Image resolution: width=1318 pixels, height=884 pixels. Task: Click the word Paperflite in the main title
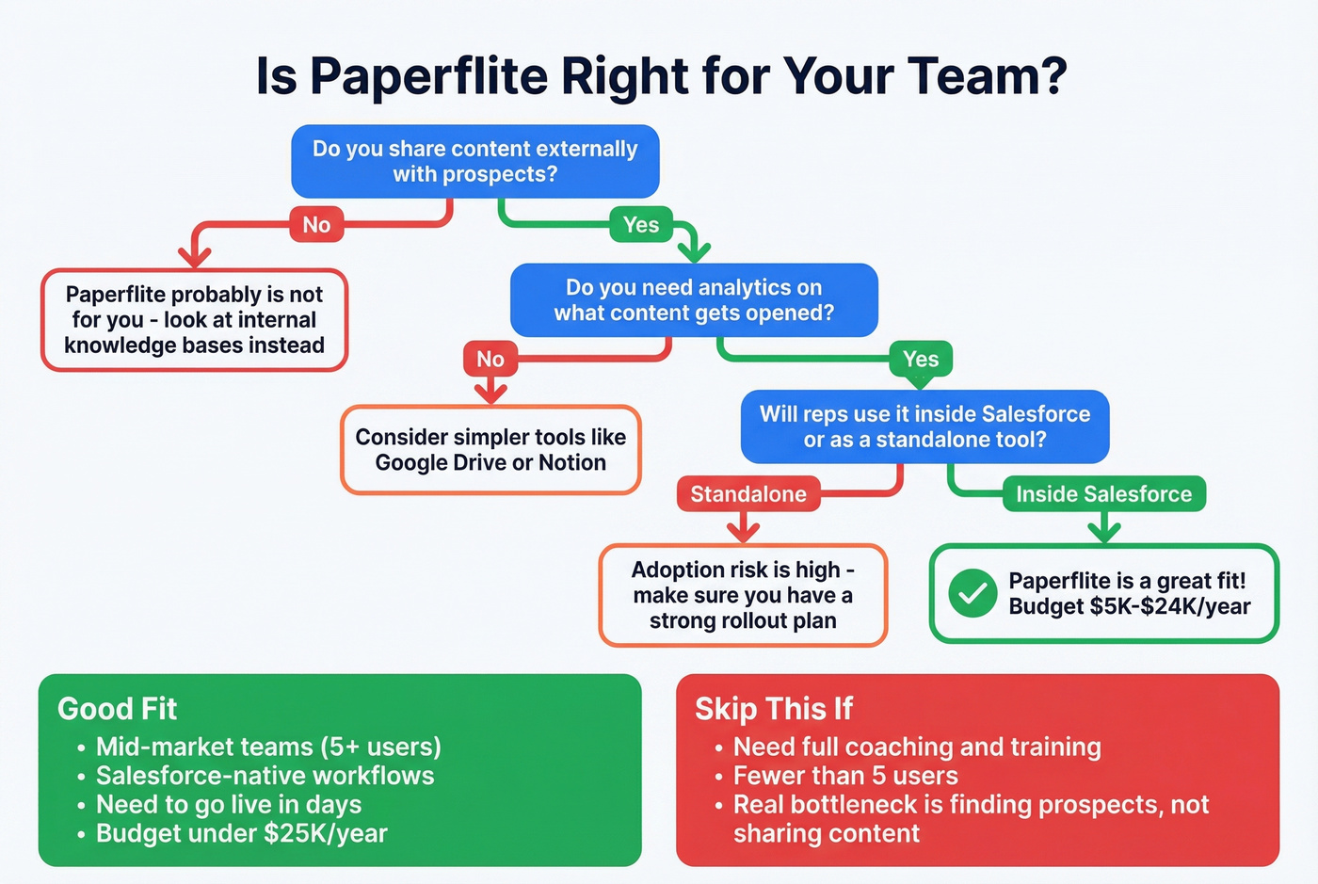coord(428,75)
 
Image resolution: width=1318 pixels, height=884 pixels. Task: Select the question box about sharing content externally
coord(475,161)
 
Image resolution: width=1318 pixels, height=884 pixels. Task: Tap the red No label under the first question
coord(316,225)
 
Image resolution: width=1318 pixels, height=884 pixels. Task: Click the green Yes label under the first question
coord(641,225)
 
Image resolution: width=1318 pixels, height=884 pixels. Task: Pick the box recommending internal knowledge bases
coord(194,320)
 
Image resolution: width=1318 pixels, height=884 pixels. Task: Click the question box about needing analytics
coord(694,300)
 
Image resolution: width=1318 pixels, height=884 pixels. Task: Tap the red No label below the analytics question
coord(490,359)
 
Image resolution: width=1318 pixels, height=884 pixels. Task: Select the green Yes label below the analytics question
coord(921,359)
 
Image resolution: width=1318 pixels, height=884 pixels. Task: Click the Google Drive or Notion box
coord(490,450)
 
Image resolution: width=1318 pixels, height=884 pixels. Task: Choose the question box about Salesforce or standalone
coord(924,426)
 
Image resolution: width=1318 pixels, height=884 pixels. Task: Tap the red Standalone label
coord(748,494)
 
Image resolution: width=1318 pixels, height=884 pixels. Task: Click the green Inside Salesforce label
coord(1103,494)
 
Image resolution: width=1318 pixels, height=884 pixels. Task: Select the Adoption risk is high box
coord(743,595)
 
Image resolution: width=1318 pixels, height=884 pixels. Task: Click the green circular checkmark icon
coord(972,594)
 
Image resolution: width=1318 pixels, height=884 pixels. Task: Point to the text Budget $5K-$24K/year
coord(1129,607)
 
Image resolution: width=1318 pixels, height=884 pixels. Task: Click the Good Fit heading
coord(118,708)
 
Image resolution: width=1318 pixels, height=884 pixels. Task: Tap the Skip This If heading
coord(774,708)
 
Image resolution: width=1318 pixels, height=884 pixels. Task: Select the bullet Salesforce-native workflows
coord(265,776)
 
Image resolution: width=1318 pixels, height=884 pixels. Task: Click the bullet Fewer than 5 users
coord(845,776)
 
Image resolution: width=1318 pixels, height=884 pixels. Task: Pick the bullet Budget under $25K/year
coord(241,833)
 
